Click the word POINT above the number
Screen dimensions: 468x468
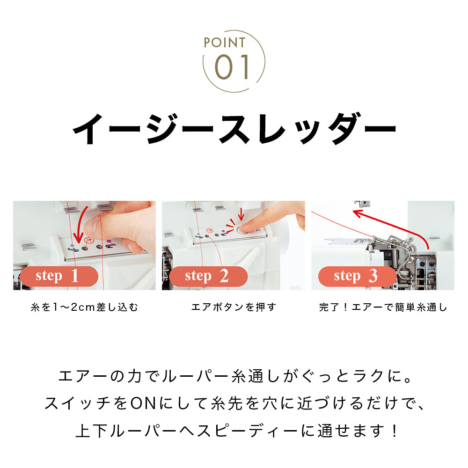click(224, 43)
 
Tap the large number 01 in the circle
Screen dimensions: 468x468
click(233, 67)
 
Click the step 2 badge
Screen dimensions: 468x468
click(208, 276)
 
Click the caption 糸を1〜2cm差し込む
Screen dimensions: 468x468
click(84, 307)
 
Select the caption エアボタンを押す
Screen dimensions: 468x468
click(234, 307)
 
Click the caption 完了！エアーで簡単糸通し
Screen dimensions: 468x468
click(383, 307)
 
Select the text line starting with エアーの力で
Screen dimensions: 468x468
click(234, 376)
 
